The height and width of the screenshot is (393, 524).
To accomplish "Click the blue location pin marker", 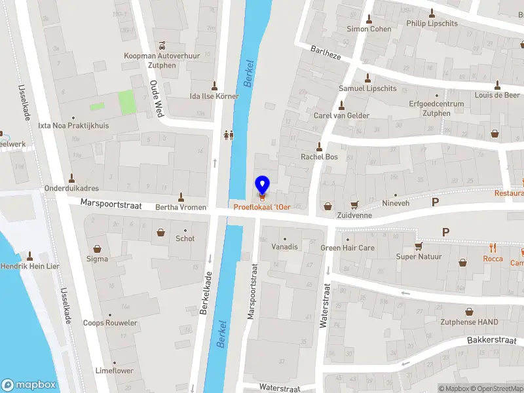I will pyautogui.click(x=262, y=185).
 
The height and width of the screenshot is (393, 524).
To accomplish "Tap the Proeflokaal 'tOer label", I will pyautogui.click(x=262, y=207).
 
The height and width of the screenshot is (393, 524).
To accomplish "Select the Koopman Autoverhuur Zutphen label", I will pyautogui.click(x=162, y=60).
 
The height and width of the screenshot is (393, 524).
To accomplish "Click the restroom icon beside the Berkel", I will pyautogui.click(x=229, y=134).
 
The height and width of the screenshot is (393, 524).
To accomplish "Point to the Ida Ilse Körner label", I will pyautogui.click(x=214, y=96).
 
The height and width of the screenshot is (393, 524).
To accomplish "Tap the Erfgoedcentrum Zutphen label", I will pyautogui.click(x=436, y=108).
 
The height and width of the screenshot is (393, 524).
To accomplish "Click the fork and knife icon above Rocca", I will pyautogui.click(x=493, y=248).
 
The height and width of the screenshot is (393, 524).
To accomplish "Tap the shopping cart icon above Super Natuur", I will pyautogui.click(x=419, y=246).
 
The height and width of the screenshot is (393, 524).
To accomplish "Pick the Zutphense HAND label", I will pyautogui.click(x=469, y=322).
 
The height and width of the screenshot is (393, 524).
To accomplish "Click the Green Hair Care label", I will pyautogui.click(x=347, y=248).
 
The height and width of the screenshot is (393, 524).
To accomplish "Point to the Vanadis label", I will pyautogui.click(x=284, y=247).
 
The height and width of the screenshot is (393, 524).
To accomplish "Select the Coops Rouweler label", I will pyautogui.click(x=110, y=323).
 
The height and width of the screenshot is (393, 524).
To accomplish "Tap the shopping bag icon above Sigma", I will pyautogui.click(x=98, y=249).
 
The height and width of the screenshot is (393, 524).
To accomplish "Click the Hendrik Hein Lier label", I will pyautogui.click(x=30, y=267).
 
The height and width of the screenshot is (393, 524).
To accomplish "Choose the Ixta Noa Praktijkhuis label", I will pyautogui.click(x=73, y=125).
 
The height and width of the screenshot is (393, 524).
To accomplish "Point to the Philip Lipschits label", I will pyautogui.click(x=432, y=24).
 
